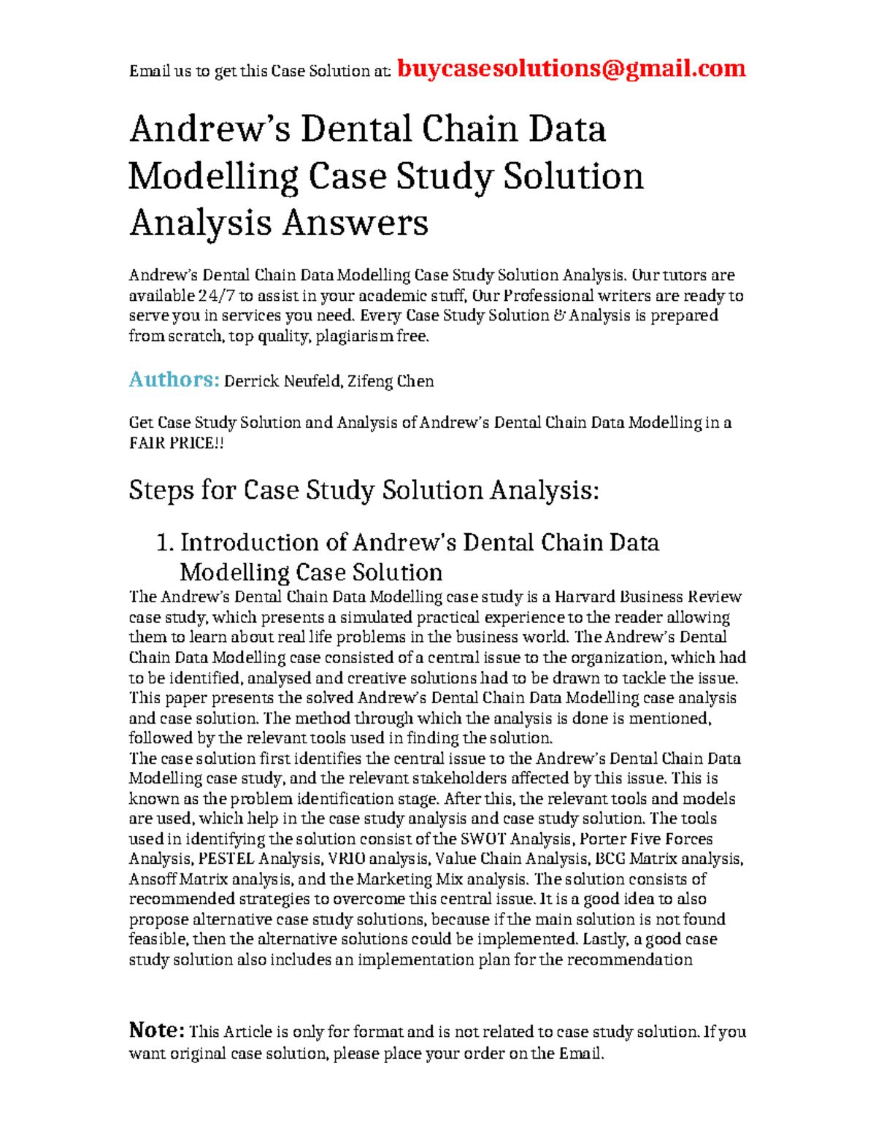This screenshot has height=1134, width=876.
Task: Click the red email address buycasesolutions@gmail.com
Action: [x=571, y=69]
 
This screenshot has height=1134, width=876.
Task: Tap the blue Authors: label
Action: [x=174, y=380]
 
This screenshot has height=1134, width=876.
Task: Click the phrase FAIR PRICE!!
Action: [x=176, y=443]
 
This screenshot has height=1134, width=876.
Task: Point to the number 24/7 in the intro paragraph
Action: [x=216, y=296]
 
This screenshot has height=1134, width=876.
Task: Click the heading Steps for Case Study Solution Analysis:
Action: [x=364, y=490]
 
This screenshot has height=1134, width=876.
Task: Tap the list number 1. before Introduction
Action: [x=165, y=543]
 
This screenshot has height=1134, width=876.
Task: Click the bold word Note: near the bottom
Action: [x=156, y=1030]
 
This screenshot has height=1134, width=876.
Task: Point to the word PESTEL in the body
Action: [x=226, y=859]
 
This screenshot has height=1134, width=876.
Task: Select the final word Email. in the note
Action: [x=582, y=1054]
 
